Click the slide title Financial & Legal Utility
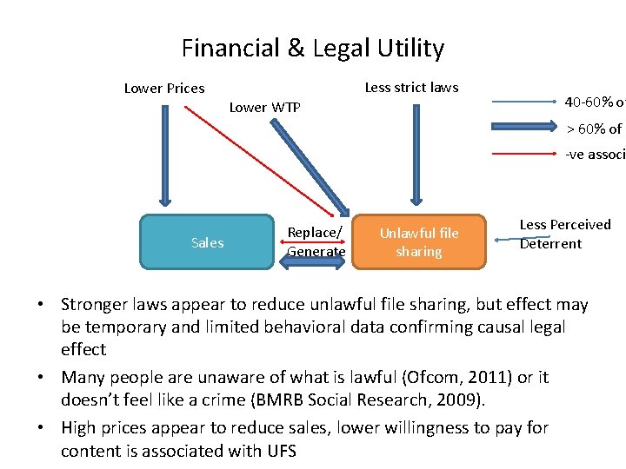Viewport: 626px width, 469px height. pyautogui.click(x=312, y=49)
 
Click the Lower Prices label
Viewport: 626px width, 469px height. pyautogui.click(x=164, y=88)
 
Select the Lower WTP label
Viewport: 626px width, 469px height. pyautogui.click(x=264, y=108)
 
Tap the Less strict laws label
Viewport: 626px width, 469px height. pyautogui.click(x=411, y=87)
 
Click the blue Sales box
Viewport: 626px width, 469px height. pyautogui.click(x=207, y=242)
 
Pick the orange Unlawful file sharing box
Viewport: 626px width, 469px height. pyautogui.click(x=419, y=242)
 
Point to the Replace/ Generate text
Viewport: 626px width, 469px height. pyautogui.click(x=316, y=242)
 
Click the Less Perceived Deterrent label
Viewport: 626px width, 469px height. pyautogui.click(x=564, y=234)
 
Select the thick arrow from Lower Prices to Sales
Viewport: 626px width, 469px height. pyautogui.click(x=164, y=156)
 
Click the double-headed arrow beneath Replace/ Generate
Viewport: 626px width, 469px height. pyautogui.click(x=316, y=264)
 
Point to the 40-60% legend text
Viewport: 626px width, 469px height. pyautogui.click(x=595, y=102)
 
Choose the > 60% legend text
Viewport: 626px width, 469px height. pyautogui.click(x=595, y=129)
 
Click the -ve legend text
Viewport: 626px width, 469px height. pyautogui.click(x=595, y=155)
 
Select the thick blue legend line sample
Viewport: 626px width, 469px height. pyautogui.click(x=527, y=129)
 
